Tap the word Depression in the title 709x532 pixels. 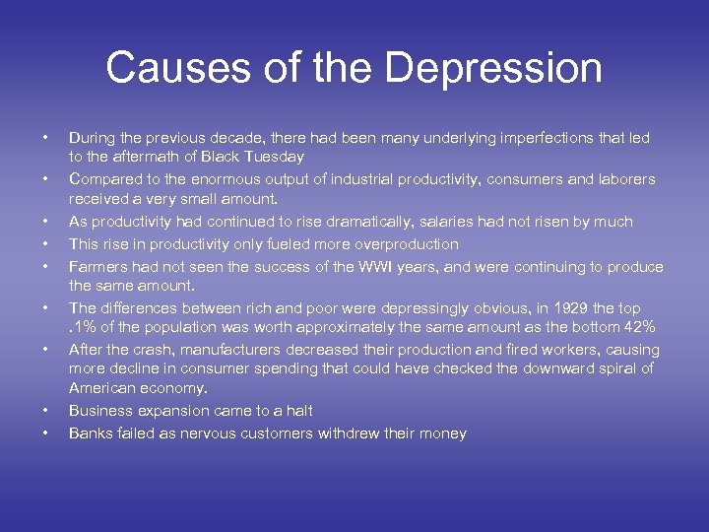[x=494, y=68]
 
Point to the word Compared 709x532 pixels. [x=102, y=179]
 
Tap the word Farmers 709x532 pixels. [x=97, y=266]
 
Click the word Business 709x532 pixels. [x=100, y=411]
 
